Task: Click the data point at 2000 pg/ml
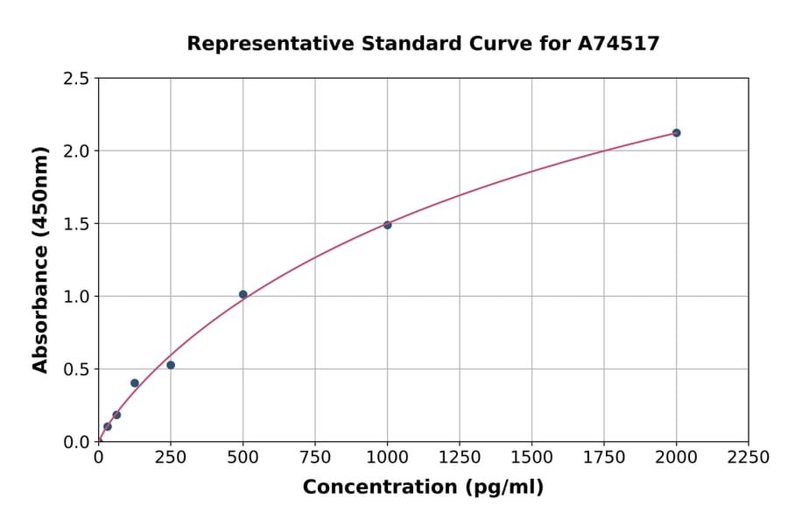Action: point(676,133)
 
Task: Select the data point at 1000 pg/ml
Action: point(387,225)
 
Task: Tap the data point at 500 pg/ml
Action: point(243,294)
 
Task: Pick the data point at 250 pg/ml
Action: point(171,365)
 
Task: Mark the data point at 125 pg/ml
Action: point(135,383)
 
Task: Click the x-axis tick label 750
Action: point(315,457)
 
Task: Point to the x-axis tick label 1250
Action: point(460,457)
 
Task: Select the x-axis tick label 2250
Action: point(749,457)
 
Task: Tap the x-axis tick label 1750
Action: point(604,457)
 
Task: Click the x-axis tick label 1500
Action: point(531,457)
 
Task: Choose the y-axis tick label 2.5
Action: point(77,79)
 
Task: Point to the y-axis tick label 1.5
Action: point(77,224)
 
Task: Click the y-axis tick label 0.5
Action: point(77,369)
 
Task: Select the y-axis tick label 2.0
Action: point(77,151)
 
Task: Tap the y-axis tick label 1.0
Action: point(77,297)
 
